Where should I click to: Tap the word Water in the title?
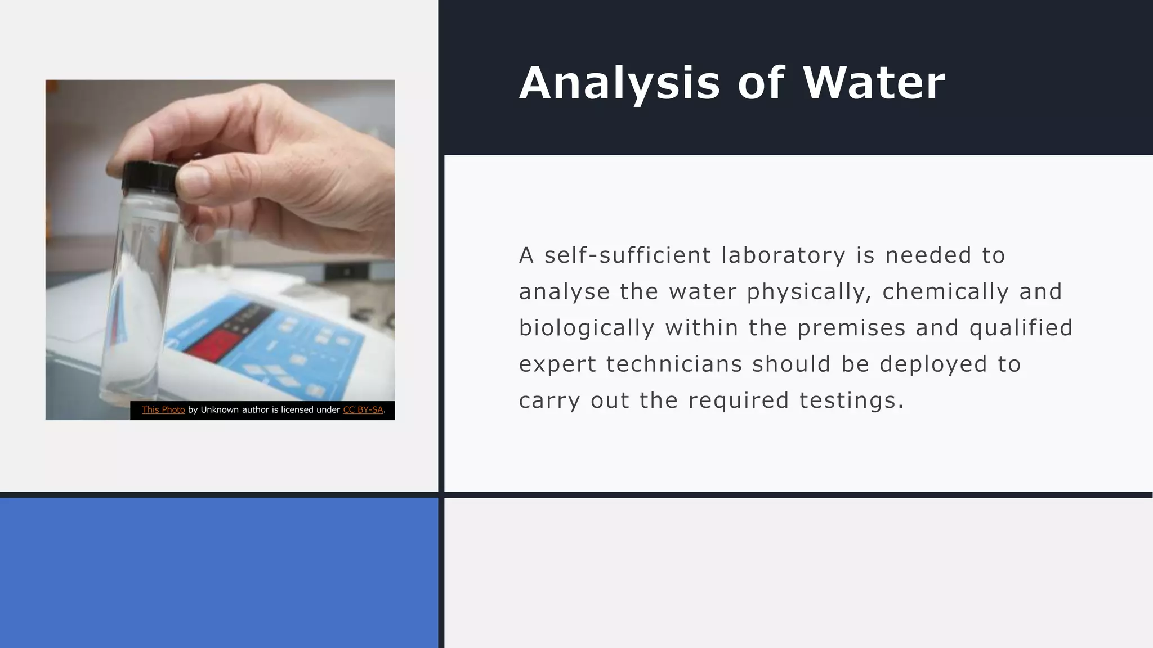click(x=874, y=83)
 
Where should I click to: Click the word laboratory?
click(x=783, y=255)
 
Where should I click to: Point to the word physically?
click(x=809, y=292)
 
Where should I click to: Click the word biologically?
click(x=586, y=328)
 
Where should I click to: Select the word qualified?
click(x=1021, y=328)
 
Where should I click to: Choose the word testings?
click(x=851, y=400)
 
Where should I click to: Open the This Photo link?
click(x=163, y=410)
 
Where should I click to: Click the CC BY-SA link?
click(x=363, y=410)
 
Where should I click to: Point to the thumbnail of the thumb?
click(x=193, y=181)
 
